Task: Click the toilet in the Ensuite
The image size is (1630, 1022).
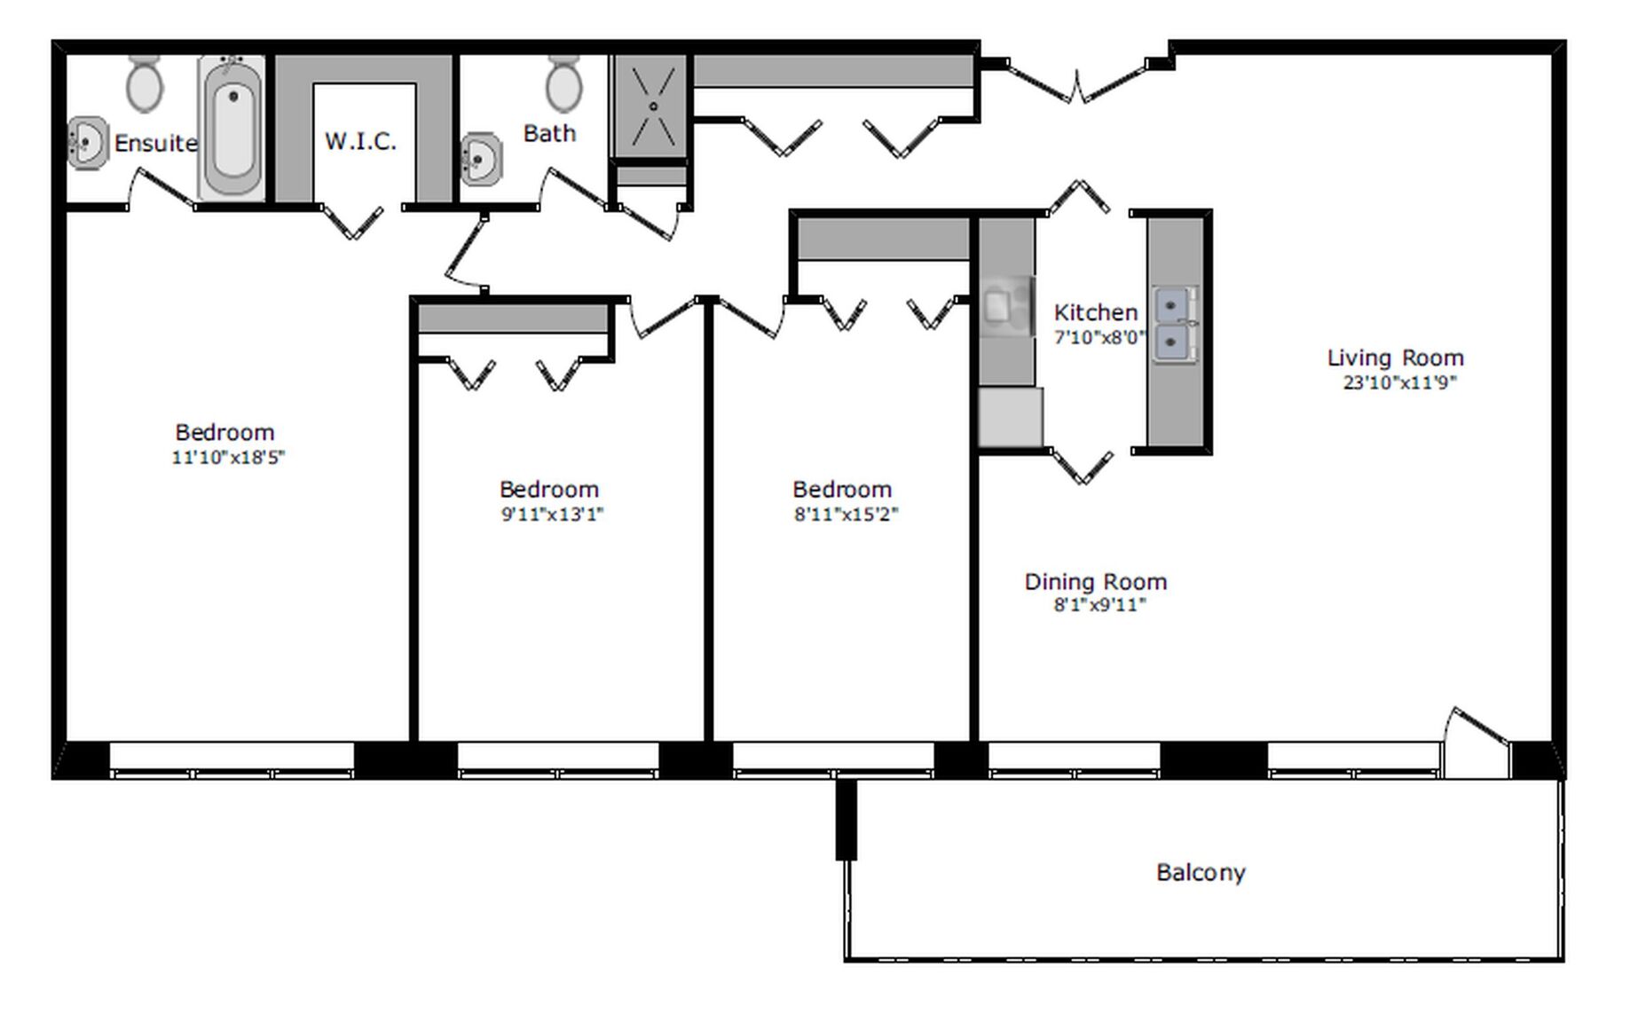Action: click(x=145, y=83)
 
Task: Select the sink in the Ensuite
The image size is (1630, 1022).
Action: click(x=88, y=143)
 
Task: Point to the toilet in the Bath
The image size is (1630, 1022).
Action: click(x=564, y=83)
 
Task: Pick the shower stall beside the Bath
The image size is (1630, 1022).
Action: click(x=652, y=106)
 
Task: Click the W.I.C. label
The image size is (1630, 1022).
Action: click(x=360, y=142)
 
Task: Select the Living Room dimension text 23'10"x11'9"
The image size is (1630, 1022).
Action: click(x=1399, y=383)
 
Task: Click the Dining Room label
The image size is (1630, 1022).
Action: click(x=1096, y=582)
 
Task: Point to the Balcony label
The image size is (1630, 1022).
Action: click(x=1201, y=873)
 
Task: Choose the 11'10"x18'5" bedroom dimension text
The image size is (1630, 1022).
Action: click(x=228, y=458)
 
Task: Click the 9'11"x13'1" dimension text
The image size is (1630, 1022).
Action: click(x=552, y=515)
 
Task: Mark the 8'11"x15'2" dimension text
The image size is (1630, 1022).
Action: click(x=846, y=515)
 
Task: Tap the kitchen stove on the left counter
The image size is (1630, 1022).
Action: click(x=1007, y=307)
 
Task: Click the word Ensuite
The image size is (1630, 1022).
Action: click(x=155, y=143)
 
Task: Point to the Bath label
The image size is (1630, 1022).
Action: click(x=549, y=134)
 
